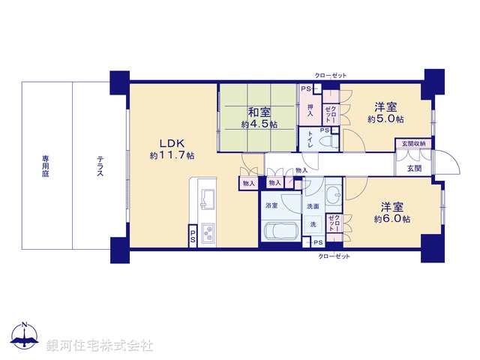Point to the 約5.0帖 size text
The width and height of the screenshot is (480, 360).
[386, 119]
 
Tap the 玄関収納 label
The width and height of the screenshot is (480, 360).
[412, 143]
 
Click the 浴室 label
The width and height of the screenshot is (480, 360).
[271, 205]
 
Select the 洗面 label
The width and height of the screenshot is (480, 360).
[313, 206]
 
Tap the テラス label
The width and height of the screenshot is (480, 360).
[99, 166]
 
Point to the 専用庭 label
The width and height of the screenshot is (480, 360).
[46, 166]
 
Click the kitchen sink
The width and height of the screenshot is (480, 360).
[207, 200]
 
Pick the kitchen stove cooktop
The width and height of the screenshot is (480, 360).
[207, 233]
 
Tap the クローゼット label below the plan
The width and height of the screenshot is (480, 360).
[334, 256]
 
